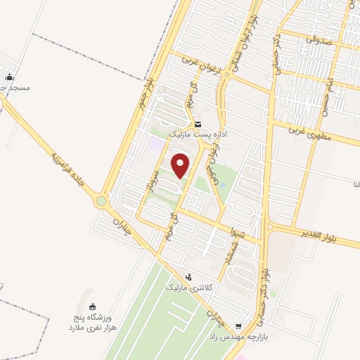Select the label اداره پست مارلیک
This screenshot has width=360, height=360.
196,133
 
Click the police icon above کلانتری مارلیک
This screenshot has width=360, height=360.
188,278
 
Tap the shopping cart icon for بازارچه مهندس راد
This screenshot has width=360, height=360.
240,326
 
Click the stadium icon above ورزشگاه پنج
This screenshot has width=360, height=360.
92,306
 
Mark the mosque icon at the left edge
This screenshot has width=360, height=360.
8,77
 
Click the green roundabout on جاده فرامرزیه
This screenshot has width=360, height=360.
102,201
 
